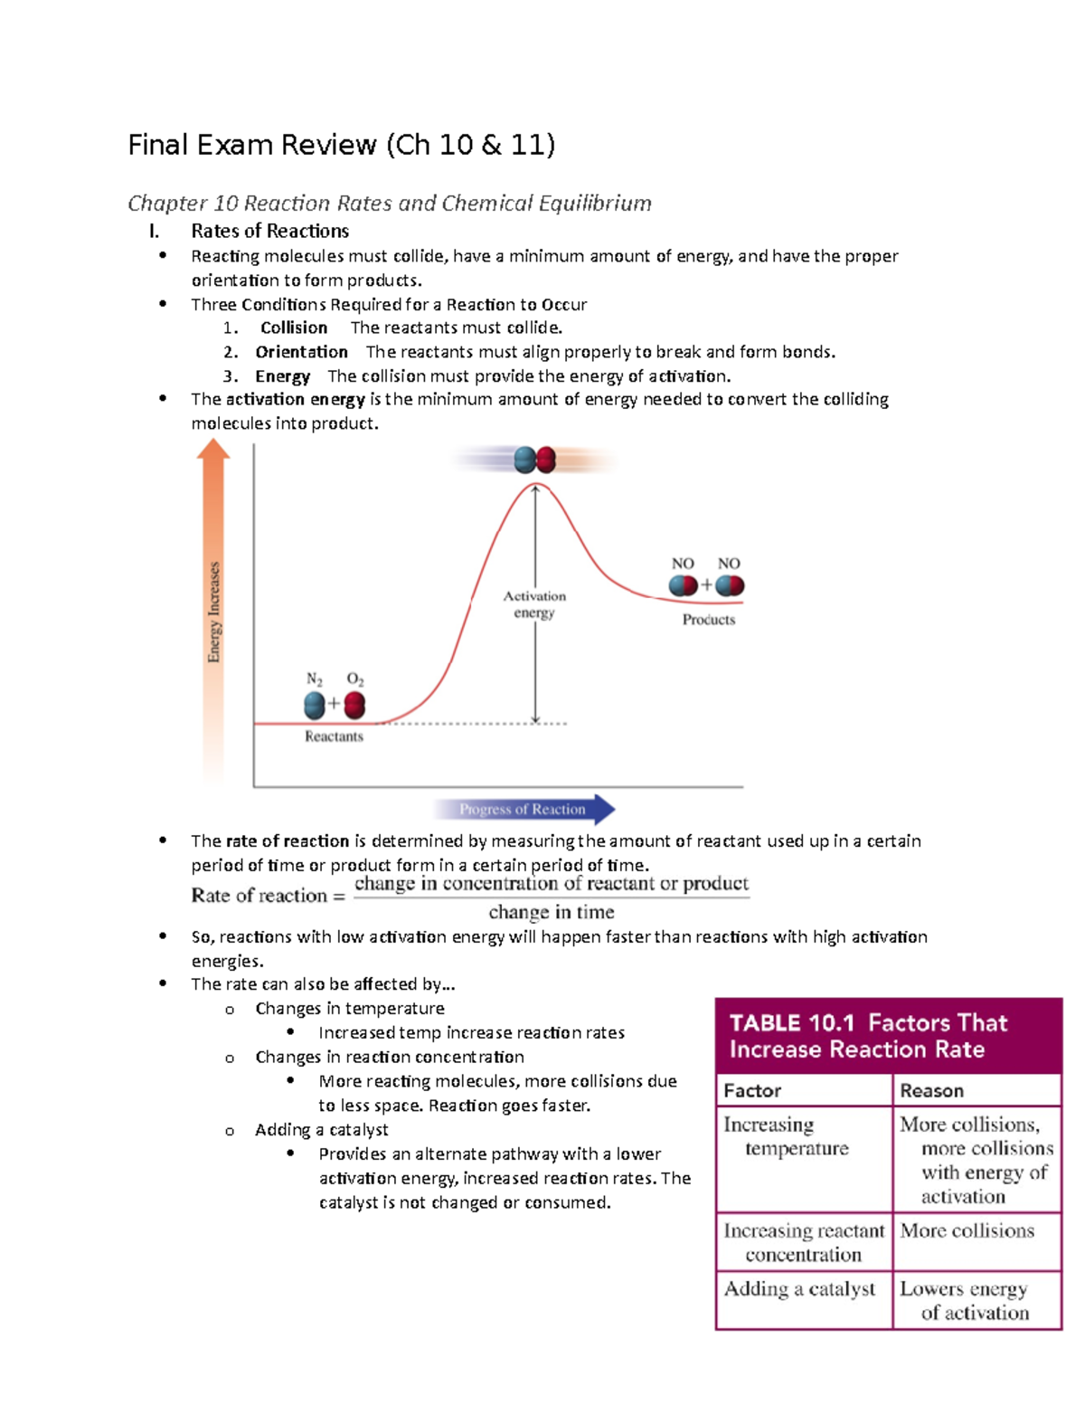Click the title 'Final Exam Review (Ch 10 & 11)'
341,145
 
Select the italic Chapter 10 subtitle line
389,203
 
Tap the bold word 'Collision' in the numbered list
294,328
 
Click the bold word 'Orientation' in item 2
301,352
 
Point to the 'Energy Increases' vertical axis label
213,612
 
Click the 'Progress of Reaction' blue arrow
524,809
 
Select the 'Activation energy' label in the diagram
534,604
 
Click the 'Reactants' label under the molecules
334,736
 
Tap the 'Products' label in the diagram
709,620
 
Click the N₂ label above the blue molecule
314,679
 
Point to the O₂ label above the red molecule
355,679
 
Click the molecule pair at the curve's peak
534,460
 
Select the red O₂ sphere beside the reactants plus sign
354,705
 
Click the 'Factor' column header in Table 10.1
752,1090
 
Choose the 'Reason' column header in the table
931,1090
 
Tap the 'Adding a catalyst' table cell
799,1289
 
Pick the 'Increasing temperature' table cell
786,1136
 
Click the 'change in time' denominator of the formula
552,912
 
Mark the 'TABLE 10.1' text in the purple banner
791,1023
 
